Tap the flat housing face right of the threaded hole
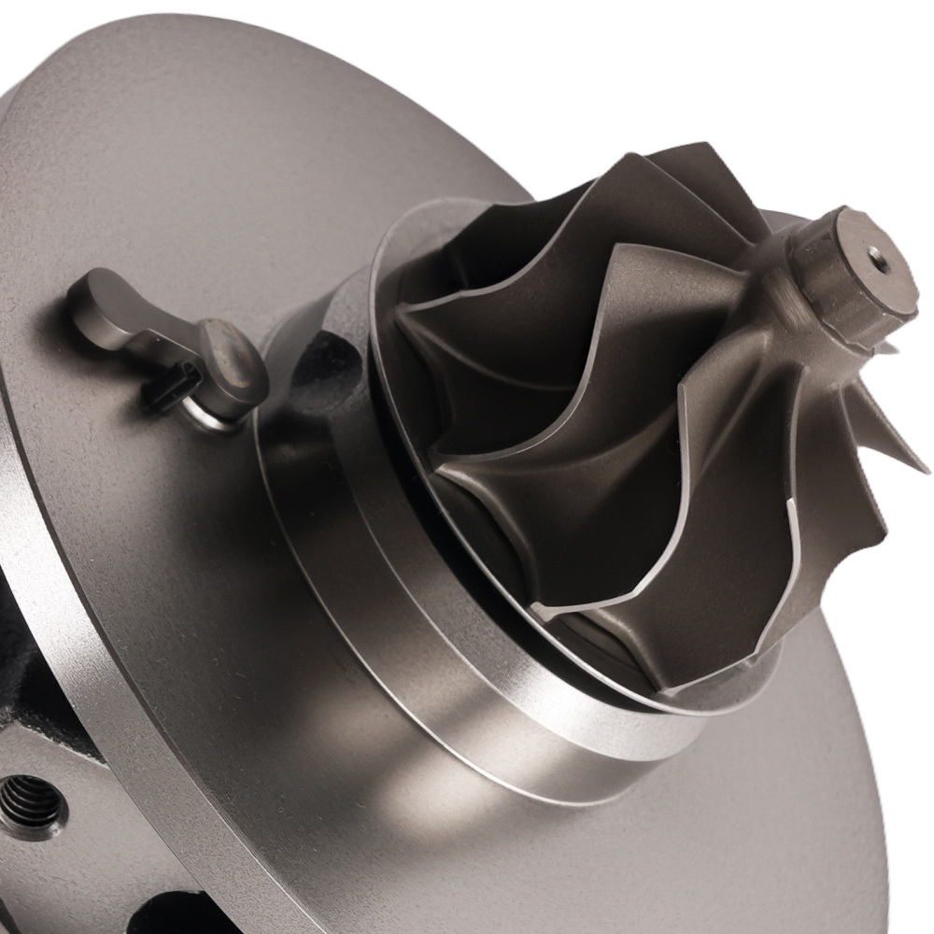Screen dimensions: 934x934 pyautogui.click(x=103, y=822)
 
